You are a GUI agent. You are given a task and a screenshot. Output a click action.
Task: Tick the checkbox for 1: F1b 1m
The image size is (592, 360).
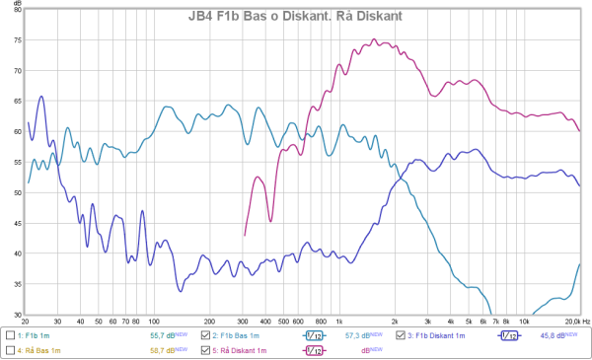[x=10, y=336]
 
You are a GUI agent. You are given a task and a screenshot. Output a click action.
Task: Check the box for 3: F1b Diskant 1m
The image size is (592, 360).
[x=400, y=336]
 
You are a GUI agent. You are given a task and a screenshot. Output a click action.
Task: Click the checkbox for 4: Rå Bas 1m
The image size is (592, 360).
[x=10, y=350]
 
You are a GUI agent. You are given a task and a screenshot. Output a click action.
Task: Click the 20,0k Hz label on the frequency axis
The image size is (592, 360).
[x=570, y=323]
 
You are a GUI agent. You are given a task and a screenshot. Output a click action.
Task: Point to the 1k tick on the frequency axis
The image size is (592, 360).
[x=339, y=323]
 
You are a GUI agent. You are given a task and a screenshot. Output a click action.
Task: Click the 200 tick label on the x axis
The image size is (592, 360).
[x=209, y=323]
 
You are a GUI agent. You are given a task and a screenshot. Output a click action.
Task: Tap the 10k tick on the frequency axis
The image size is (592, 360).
[x=524, y=323]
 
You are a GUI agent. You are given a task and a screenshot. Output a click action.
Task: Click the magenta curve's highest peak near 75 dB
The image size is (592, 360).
[x=375, y=39]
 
